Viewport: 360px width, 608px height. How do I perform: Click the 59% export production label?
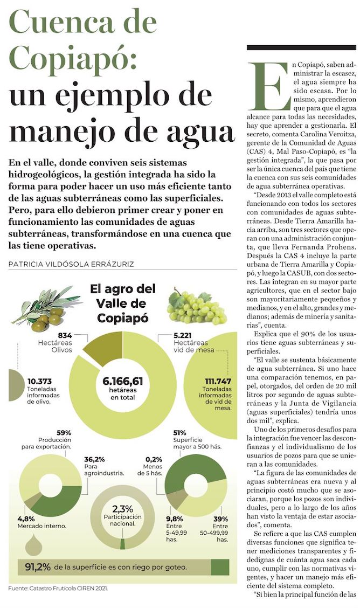64,433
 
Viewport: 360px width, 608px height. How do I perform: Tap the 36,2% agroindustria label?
93,460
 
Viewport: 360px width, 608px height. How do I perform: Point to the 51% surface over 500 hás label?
180,433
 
